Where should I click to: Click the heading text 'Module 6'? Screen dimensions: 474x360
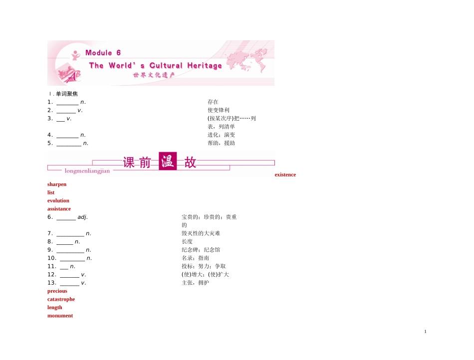(103, 53)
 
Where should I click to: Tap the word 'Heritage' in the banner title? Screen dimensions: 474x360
(205, 66)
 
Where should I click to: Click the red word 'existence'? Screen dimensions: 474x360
(285, 175)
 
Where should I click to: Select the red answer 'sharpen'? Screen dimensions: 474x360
(57, 184)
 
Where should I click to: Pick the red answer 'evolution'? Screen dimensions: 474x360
(58, 200)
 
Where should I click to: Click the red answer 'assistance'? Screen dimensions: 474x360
(59, 209)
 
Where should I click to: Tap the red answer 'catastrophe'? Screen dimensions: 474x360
(61, 299)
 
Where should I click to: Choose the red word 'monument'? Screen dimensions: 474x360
(60, 316)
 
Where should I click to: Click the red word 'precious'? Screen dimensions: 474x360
(57, 291)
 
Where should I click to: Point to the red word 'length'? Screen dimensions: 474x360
(55, 308)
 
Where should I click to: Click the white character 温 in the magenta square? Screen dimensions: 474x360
(168, 161)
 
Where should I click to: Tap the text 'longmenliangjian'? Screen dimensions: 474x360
(87, 171)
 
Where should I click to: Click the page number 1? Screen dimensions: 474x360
(425, 332)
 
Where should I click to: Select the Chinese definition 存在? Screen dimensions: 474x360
(213, 102)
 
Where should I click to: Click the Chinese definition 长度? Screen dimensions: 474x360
(187, 242)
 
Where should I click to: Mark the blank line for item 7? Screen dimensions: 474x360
(70, 236)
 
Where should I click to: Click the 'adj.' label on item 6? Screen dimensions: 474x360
(82, 217)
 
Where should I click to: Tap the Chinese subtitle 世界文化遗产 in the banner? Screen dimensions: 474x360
(154, 75)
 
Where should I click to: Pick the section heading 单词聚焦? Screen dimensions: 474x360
(67, 94)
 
